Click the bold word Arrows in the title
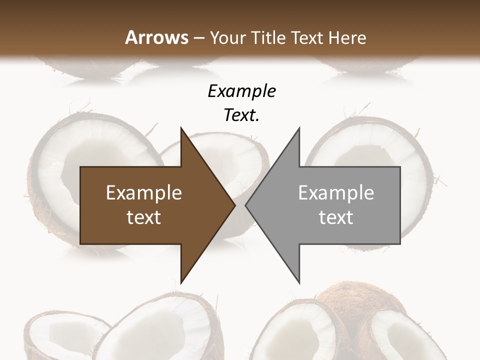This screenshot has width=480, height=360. (x=156, y=37)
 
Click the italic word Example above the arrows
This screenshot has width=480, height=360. (x=241, y=91)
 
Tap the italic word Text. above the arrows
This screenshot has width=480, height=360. (x=241, y=115)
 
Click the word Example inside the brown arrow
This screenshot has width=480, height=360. (x=143, y=193)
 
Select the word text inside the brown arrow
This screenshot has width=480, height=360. (x=143, y=217)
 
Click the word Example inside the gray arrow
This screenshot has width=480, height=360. (x=336, y=193)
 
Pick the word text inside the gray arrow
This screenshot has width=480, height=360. (x=336, y=217)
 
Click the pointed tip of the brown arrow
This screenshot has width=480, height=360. (x=234, y=205)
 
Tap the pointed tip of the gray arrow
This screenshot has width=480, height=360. (x=246, y=205)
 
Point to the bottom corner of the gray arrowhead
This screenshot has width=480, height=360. (x=299, y=282)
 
